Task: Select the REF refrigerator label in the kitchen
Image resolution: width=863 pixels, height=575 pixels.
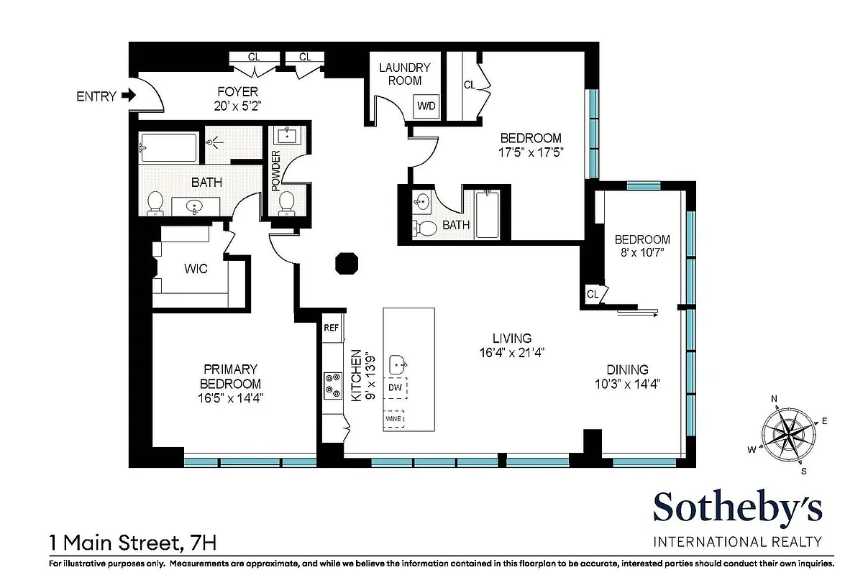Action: [331, 327]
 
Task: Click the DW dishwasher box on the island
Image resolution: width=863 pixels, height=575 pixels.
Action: [395, 387]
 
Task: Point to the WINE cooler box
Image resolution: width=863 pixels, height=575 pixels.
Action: [393, 418]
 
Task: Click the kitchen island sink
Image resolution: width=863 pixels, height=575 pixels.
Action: [398, 364]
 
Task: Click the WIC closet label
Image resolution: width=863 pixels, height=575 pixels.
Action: [196, 269]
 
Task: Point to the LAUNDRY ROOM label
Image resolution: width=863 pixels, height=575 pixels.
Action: [404, 74]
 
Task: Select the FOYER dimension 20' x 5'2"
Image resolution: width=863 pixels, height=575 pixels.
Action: [238, 106]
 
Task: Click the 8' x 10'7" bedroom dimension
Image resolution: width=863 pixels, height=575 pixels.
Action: [641, 252]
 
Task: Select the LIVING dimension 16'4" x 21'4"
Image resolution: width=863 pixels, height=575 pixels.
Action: [512, 352]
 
